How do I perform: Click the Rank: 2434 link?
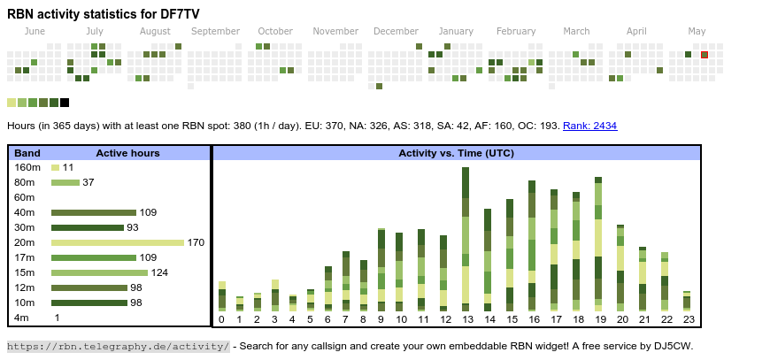[589, 126]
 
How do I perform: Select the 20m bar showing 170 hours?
[118, 242]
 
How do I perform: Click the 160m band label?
[27, 167]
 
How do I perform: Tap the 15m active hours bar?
[99, 272]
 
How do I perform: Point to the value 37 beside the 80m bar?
[89, 182]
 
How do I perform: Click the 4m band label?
[21, 318]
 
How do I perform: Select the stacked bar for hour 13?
[466, 239]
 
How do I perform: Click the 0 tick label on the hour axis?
[221, 319]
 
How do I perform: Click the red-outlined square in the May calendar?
[705, 55]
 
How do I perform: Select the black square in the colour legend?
[65, 103]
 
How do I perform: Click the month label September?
[215, 31]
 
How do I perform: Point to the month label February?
[516, 31]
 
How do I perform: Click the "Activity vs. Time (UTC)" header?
[456, 153]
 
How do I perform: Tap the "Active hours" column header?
[127, 153]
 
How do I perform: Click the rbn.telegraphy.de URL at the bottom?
[119, 346]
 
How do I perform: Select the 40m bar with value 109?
[93, 212]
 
